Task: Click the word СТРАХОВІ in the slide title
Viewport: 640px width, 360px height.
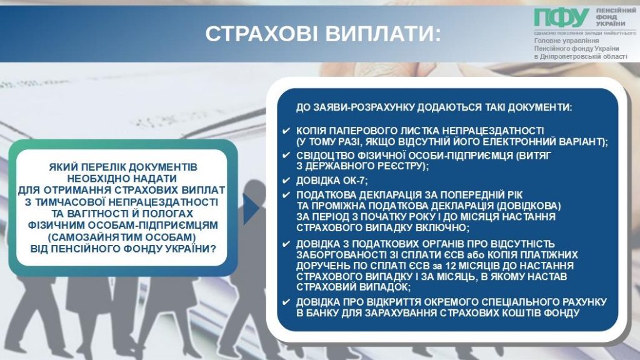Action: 261,34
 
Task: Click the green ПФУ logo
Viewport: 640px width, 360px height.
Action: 561,18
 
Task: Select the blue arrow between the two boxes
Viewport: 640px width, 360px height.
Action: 251,209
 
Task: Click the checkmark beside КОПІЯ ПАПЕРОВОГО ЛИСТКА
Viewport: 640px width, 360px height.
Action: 286,131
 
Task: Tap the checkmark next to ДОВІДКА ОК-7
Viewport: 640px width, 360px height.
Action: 286,181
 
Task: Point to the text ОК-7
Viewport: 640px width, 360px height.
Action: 356,181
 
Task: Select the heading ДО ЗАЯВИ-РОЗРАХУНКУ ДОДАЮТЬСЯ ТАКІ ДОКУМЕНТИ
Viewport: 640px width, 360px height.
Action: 434,107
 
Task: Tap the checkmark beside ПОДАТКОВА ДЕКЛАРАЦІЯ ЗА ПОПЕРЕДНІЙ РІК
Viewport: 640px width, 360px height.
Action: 286,195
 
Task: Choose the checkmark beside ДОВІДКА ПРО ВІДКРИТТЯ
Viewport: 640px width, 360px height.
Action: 286,302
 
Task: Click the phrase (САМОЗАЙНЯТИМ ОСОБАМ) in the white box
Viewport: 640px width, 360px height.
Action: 122,237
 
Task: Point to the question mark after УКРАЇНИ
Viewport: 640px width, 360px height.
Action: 213,249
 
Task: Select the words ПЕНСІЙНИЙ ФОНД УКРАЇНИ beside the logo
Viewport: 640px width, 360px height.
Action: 616,17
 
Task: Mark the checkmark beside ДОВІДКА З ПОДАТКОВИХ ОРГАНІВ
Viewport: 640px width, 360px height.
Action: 286,244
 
